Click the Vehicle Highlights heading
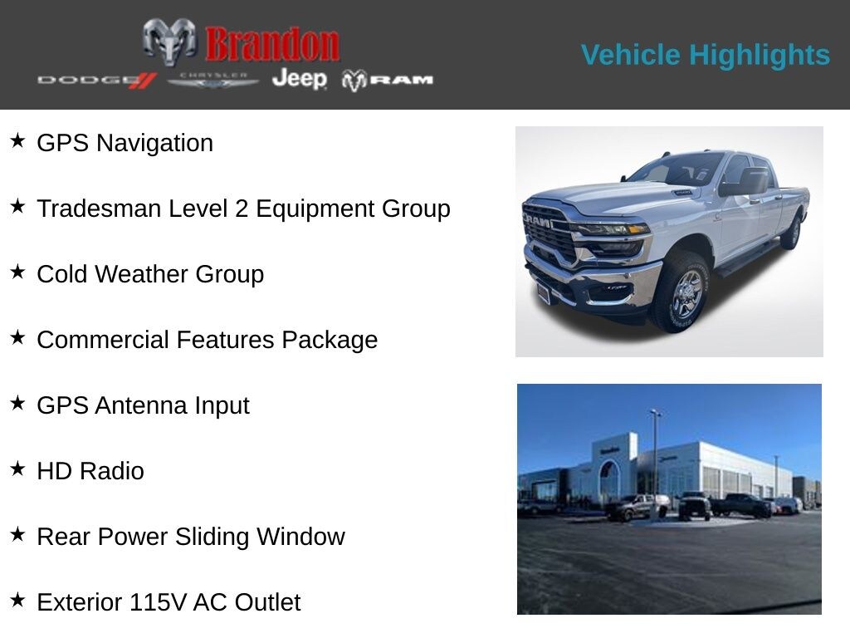705,55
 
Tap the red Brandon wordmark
272,44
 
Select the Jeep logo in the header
299,78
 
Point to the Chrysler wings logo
213,80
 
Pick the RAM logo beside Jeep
388,80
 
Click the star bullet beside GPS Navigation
17,141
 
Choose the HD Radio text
90,471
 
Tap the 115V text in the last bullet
158,602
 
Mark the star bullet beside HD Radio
17,469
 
